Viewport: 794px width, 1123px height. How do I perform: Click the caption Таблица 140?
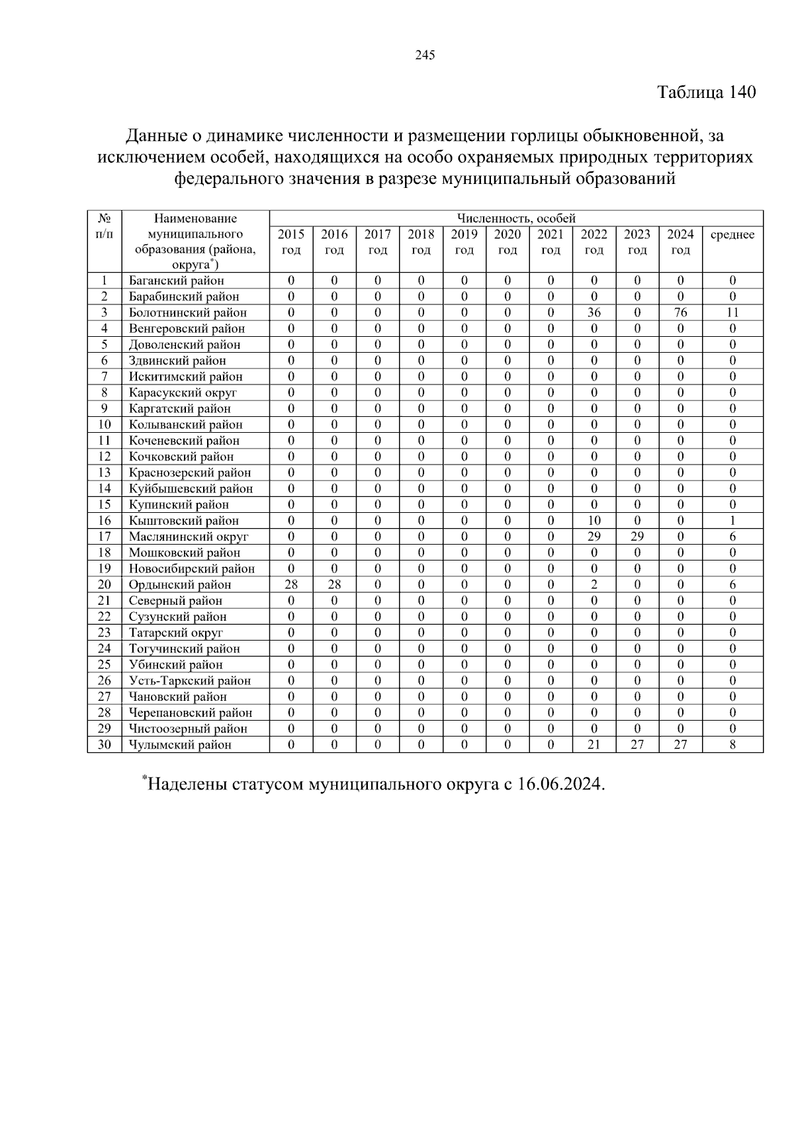pos(706,92)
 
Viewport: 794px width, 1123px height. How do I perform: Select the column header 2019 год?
pos(464,242)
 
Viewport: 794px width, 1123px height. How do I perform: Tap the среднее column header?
pos(732,235)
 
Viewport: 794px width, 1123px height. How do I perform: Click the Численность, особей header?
pos(516,218)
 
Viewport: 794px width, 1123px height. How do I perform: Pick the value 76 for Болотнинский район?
pos(680,312)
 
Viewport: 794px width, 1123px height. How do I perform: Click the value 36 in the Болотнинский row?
pos(594,312)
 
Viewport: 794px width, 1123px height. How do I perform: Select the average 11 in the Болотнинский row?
pos(732,312)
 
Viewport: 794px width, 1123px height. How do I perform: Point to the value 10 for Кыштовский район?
pos(594,521)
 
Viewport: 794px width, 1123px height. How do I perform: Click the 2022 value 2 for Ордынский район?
pos(594,585)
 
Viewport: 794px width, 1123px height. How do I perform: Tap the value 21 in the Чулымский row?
pos(594,745)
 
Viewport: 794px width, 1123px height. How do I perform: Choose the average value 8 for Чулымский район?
pos(732,745)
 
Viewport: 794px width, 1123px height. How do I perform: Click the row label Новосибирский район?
pos(191,569)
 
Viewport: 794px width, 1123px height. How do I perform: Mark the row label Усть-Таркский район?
pos(189,681)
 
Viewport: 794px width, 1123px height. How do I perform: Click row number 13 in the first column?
pos(105,472)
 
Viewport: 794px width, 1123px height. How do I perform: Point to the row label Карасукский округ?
pos(182,392)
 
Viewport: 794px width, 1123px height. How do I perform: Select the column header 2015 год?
pos(291,242)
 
